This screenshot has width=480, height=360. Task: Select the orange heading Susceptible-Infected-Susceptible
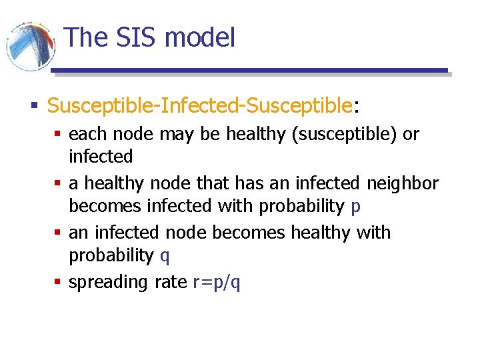pos(199,105)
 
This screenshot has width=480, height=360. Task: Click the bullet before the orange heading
pos(33,105)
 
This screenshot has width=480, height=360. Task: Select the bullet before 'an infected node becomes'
pos(57,233)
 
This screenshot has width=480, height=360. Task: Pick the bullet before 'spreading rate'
pos(57,282)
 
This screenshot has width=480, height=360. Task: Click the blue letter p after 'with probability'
pos(355,207)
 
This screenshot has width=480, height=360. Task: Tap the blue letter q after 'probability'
pos(165,256)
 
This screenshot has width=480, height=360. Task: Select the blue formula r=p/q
pos(216,283)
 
